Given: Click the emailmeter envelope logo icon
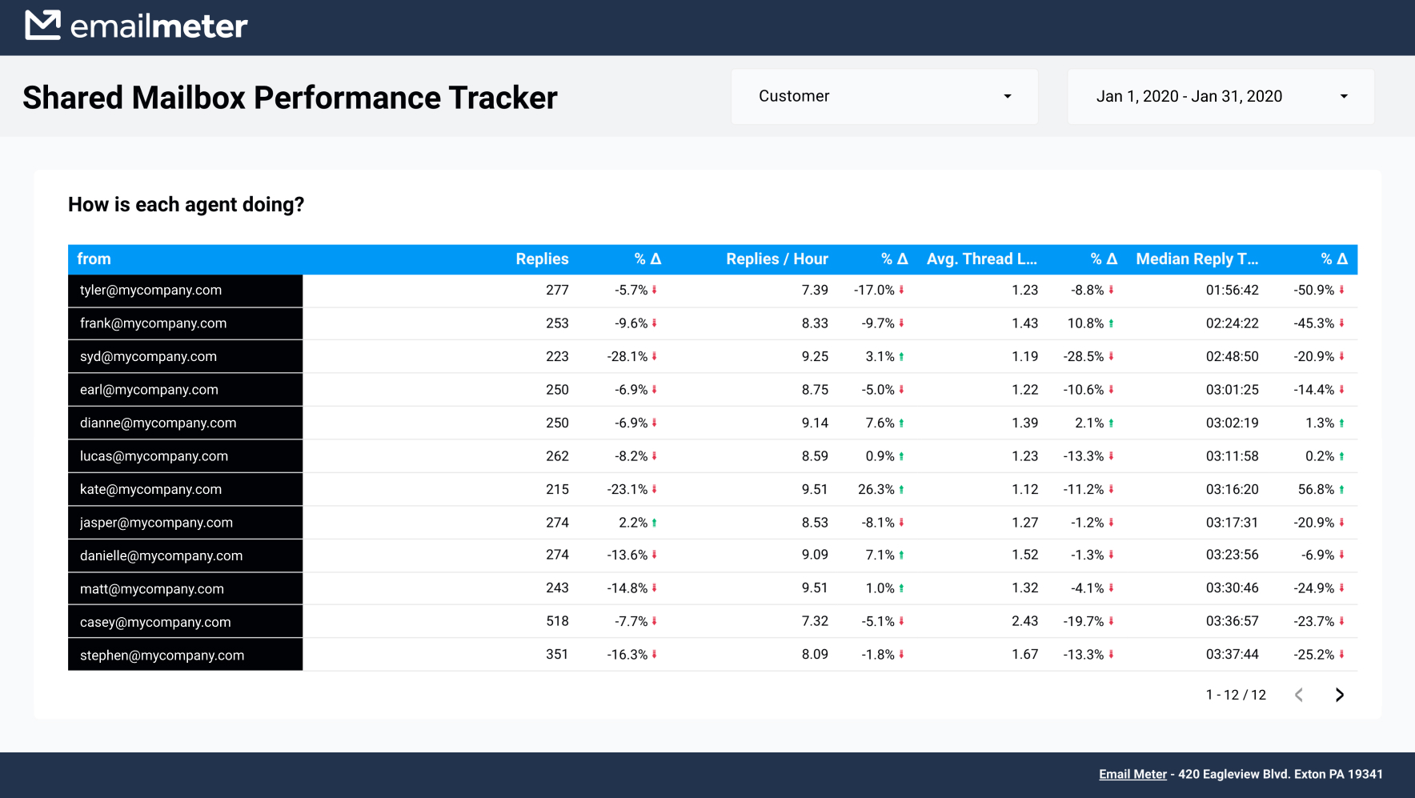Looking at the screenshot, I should coord(42,25).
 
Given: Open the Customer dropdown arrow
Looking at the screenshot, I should coord(1008,97).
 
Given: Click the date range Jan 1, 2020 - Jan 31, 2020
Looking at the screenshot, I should coord(1189,97).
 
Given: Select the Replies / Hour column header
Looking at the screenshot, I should coord(776,259).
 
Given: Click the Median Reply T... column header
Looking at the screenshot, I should coord(1197,259).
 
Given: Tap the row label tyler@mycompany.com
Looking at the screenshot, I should coord(151,291).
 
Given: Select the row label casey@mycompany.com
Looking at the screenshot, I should coord(155,623).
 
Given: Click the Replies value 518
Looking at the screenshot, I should coord(557,621).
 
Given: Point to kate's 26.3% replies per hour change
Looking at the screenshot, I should coord(876,489).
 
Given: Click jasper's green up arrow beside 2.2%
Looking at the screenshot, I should coord(654,523).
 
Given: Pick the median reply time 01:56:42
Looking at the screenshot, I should coord(1232,291).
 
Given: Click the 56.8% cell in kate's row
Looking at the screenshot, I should coord(1316,489).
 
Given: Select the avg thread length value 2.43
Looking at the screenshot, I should coord(1024,621).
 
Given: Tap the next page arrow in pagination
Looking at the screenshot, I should coord(1339,695).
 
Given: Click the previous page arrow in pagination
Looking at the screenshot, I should coord(1299,695).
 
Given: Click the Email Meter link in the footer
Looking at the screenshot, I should coord(1132,774).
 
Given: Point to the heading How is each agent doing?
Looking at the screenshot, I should coord(186,205).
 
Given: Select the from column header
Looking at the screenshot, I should coord(94,259).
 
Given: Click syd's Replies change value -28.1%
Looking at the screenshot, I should coord(627,357).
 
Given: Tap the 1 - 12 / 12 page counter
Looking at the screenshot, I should coord(1236,695).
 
